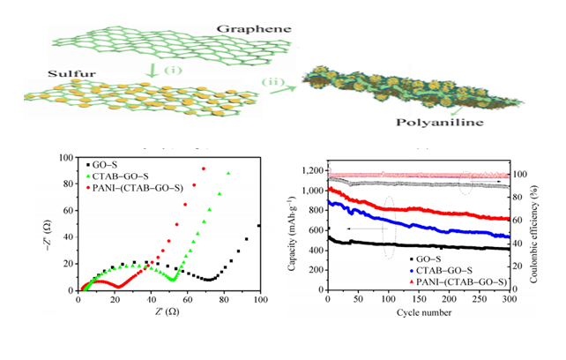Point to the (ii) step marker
[277, 82]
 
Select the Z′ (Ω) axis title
[168, 311]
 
